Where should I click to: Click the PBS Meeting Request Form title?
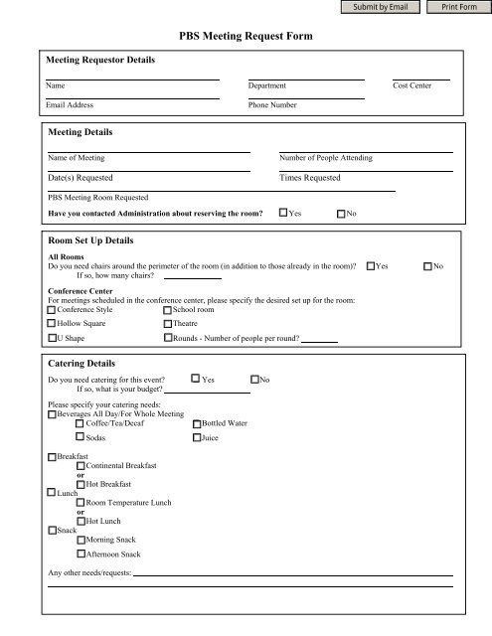click(x=245, y=36)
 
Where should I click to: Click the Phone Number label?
click(x=272, y=104)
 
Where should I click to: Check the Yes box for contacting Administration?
click(x=282, y=213)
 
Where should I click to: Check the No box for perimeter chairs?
click(x=428, y=266)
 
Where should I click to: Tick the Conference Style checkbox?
click(x=52, y=309)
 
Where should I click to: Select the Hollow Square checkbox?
click(x=52, y=323)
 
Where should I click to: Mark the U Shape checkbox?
click(x=52, y=338)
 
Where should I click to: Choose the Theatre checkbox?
click(x=167, y=323)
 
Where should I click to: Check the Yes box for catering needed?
click(x=196, y=379)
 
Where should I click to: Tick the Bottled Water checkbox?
click(x=196, y=424)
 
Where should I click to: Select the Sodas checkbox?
click(x=81, y=437)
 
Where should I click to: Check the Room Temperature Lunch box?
click(x=81, y=503)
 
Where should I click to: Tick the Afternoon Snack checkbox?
click(x=81, y=554)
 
